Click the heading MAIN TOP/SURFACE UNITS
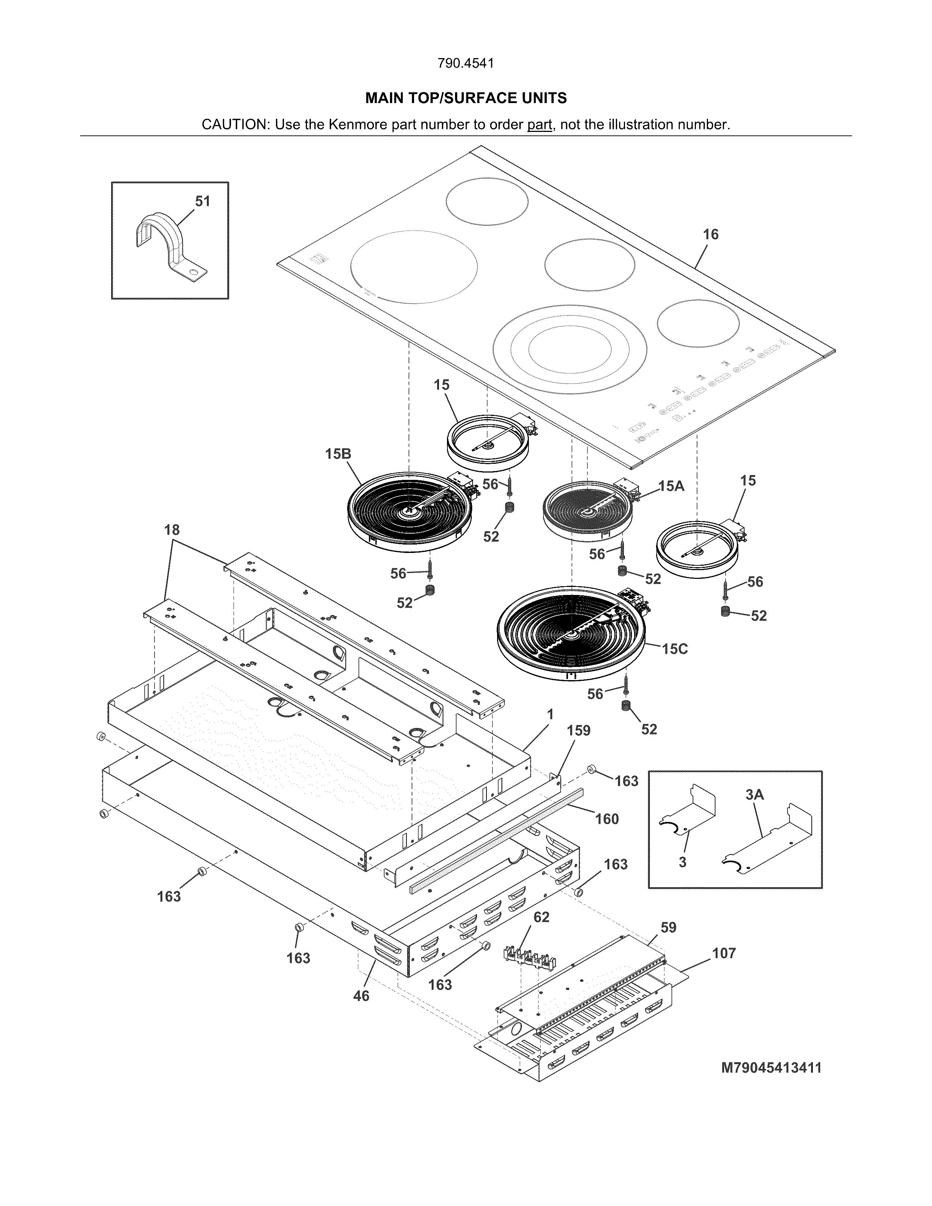point(465,98)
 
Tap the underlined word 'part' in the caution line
point(539,125)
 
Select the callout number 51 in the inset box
point(202,202)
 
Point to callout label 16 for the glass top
point(711,235)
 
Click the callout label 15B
point(338,454)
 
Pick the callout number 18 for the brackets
point(172,530)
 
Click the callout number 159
point(579,731)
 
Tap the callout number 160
point(607,819)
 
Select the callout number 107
point(724,953)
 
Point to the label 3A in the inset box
point(755,794)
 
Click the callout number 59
point(668,928)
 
